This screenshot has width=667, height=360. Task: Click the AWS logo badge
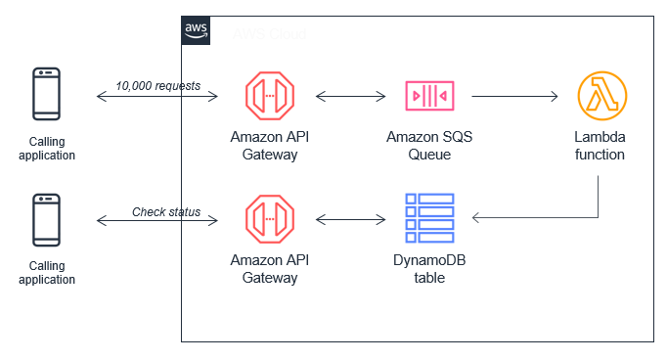(x=197, y=30)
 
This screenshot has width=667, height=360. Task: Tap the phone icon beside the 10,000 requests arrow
(x=46, y=96)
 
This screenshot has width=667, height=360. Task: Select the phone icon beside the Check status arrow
(x=46, y=221)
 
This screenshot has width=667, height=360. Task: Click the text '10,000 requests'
(x=157, y=85)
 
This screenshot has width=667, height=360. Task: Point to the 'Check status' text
(x=166, y=211)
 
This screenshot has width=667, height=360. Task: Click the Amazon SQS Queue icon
(x=429, y=96)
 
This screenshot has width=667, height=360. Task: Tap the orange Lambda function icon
(x=600, y=96)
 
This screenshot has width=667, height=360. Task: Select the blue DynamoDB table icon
(x=429, y=218)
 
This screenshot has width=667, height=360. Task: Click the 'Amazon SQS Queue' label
(x=429, y=146)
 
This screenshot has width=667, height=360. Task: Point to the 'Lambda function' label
(x=600, y=146)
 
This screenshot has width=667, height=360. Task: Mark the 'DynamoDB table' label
(x=429, y=269)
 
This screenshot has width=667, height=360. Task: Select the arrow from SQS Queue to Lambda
(x=514, y=96)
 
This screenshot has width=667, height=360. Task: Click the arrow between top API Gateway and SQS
(x=348, y=96)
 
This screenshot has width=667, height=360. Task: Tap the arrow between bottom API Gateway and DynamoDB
(x=348, y=218)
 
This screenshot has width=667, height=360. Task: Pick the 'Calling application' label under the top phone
(x=46, y=147)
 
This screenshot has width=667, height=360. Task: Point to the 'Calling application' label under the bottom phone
(x=46, y=272)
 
